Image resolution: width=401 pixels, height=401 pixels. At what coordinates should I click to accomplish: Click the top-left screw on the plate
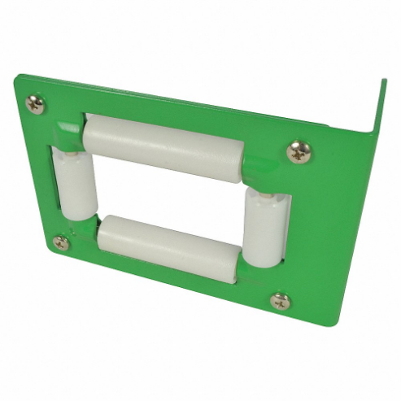click(x=36, y=103)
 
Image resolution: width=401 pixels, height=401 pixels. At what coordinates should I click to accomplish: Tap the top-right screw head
click(x=299, y=151)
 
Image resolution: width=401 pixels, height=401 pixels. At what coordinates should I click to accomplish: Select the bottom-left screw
click(x=61, y=242)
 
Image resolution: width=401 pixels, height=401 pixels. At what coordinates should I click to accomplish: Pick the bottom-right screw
click(x=281, y=301)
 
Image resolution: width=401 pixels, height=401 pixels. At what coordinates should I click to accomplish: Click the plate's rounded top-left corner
click(x=17, y=79)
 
